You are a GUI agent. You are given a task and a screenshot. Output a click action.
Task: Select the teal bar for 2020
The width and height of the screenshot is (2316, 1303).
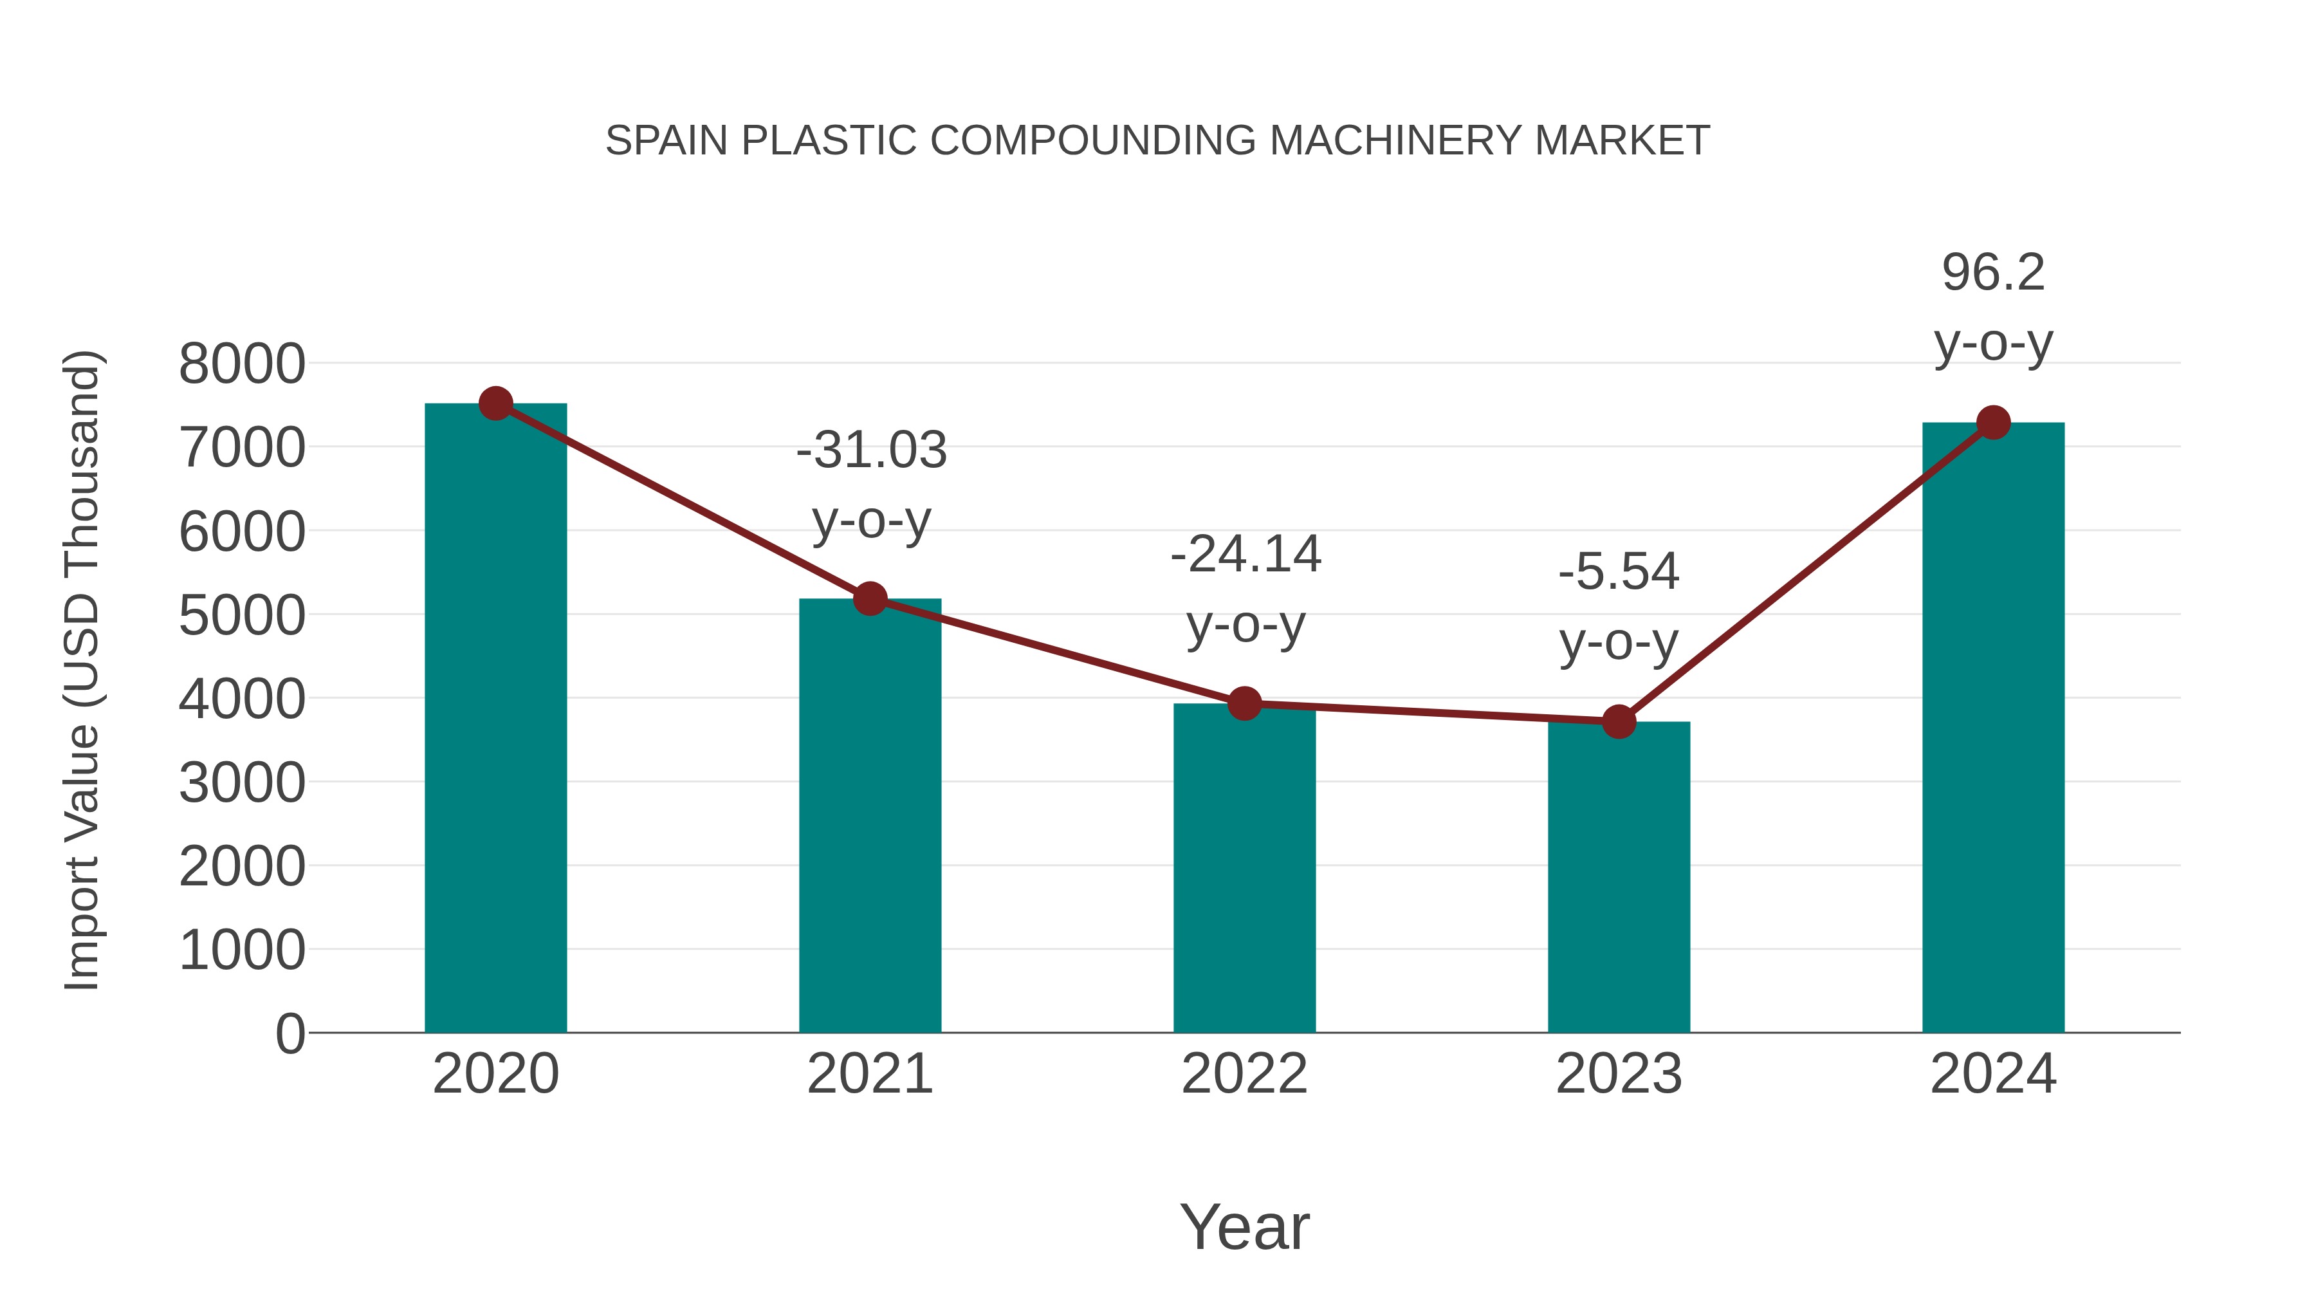[x=495, y=719]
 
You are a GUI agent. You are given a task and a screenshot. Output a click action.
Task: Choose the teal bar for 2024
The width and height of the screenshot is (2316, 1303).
[x=1993, y=728]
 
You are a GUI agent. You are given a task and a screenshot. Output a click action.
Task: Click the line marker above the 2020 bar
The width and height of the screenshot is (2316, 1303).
[x=495, y=403]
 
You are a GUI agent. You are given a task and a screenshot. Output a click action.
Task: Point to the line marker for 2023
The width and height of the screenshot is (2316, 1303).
[x=1619, y=721]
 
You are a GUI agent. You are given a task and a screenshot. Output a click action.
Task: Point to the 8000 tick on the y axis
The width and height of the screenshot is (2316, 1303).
[x=242, y=364]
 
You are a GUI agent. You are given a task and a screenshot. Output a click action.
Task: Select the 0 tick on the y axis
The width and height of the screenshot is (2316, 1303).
[x=289, y=1034]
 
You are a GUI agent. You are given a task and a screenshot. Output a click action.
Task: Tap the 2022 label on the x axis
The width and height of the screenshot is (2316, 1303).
[x=1244, y=1074]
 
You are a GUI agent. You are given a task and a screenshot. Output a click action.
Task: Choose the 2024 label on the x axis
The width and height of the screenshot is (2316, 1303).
[x=1993, y=1074]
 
